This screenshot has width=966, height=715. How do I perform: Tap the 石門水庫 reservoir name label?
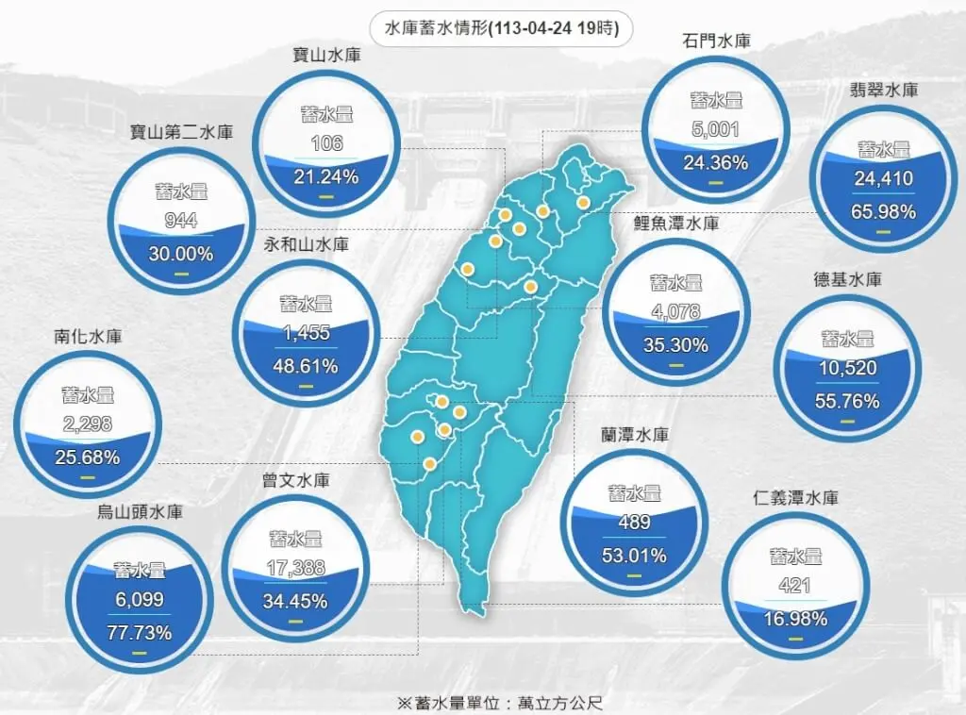pos(714,42)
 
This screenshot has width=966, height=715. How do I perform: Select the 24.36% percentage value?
pos(715,162)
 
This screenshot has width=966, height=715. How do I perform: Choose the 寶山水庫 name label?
pos(326,56)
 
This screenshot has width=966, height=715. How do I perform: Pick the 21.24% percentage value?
pos(326,176)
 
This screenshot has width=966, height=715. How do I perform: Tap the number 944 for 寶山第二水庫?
pos(180,223)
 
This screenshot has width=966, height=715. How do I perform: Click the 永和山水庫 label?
pos(306,244)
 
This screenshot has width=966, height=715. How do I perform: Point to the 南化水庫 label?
pos(88,335)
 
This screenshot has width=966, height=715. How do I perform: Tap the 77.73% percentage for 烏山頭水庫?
pos(140,632)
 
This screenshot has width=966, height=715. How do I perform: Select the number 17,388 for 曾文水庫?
pos(296,569)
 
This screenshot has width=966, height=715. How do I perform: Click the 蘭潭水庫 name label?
pos(635,435)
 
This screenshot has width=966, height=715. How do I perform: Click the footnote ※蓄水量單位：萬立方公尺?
pos(499,702)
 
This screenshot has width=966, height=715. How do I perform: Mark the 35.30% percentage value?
pos(675,345)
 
